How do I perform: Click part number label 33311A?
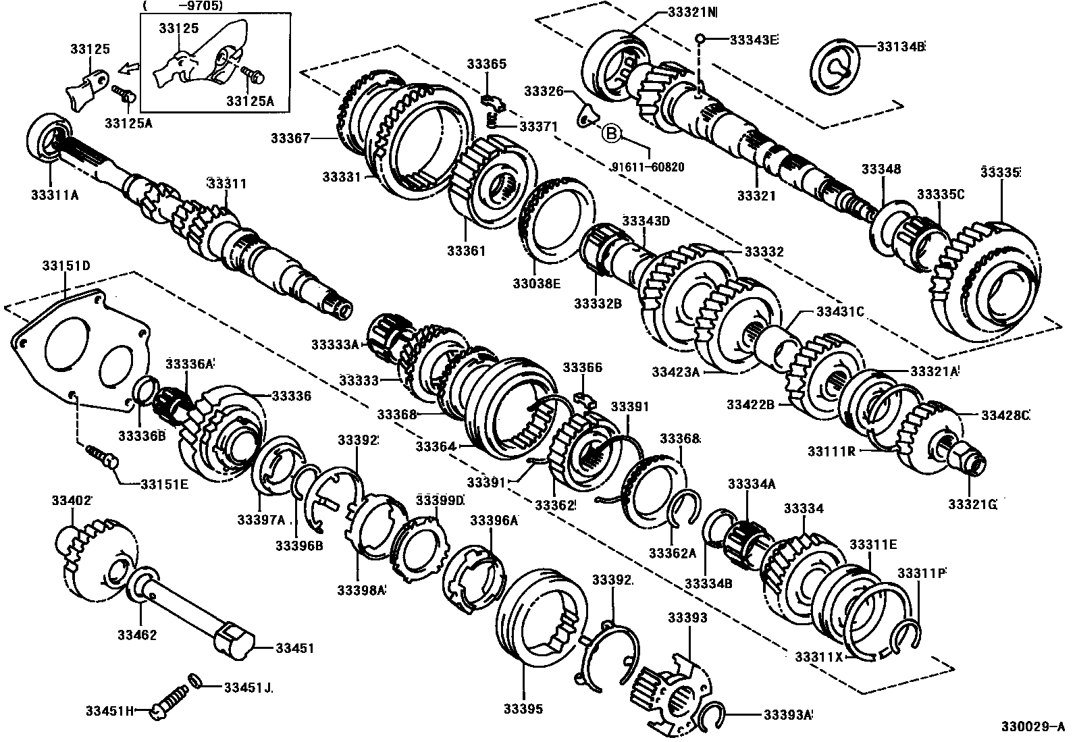click(55, 195)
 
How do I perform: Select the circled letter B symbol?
click(610, 133)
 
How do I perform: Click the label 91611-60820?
click(648, 167)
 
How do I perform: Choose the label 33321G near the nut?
click(972, 504)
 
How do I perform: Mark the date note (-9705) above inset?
click(184, 6)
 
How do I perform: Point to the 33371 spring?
click(493, 120)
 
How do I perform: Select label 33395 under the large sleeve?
click(523, 709)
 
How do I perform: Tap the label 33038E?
click(536, 284)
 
